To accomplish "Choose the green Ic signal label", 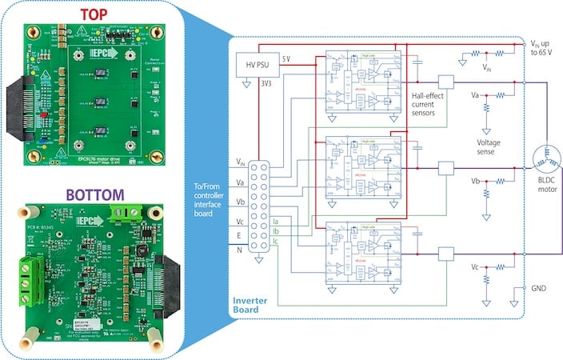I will point(276,242).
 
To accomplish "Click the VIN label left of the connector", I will point(241,163).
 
